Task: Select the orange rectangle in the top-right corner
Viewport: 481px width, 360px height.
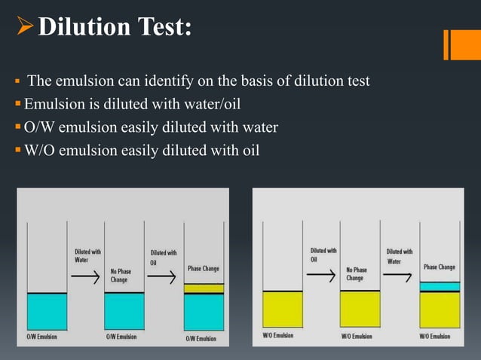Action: (x=461, y=44)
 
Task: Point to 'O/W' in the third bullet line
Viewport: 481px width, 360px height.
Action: (x=38, y=127)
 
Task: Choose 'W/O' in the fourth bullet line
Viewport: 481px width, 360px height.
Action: (x=38, y=151)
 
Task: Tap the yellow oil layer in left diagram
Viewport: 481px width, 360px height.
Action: (x=204, y=288)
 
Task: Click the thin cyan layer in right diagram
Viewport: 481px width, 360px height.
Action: (x=439, y=286)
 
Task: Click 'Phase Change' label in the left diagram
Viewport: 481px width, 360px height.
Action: (x=204, y=268)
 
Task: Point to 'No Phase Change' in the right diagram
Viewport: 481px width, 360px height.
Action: (x=356, y=273)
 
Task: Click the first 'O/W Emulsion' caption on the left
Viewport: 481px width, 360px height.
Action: (x=41, y=337)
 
